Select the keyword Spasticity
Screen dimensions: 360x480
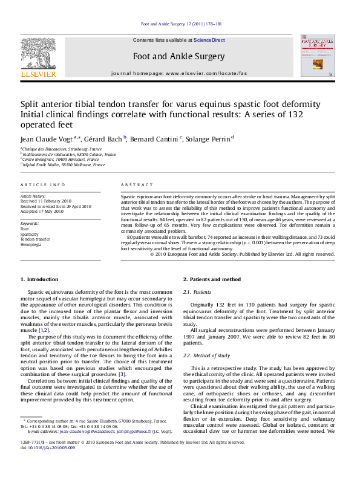pos(31,234)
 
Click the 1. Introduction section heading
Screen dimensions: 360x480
pos(39,279)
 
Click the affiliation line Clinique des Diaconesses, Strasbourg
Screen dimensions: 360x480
pos(62,149)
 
